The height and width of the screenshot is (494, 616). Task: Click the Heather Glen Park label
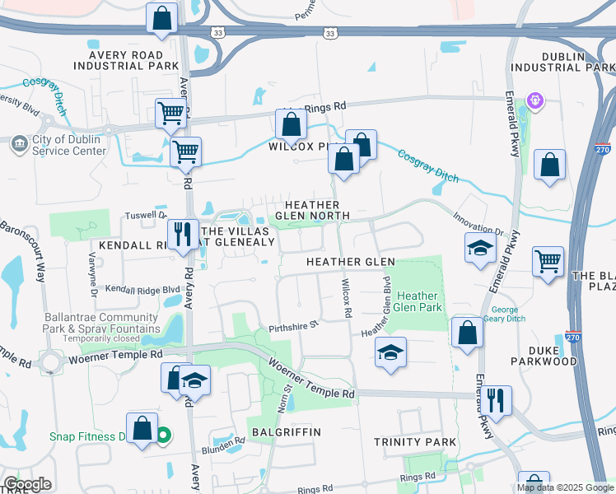tap(418, 301)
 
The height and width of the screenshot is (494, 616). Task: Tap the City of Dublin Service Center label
tap(68, 145)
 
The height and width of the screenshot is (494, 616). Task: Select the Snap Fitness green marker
tap(164, 435)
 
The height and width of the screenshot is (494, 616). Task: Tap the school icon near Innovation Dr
tap(479, 249)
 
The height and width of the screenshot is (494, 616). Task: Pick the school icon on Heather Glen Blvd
tap(390, 352)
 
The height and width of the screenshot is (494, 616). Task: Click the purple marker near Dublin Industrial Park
tap(536, 100)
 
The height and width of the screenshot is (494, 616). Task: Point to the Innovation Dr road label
tap(478, 224)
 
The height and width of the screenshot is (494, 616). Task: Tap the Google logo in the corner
tap(27, 484)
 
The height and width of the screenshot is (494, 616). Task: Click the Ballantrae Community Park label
tap(88, 327)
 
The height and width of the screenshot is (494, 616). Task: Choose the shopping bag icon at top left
tap(162, 18)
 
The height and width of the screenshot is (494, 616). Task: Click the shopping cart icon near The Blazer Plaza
tap(548, 262)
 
